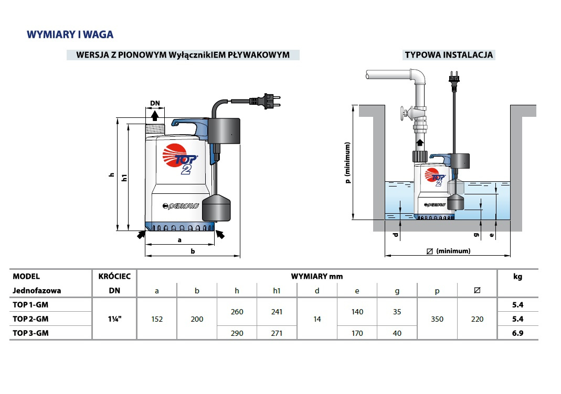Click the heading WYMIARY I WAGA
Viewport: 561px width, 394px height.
point(70,35)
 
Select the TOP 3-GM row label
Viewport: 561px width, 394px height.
point(33,333)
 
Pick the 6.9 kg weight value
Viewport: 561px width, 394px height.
point(517,333)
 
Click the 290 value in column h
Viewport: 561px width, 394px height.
point(237,333)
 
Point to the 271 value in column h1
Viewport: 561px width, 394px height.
point(277,333)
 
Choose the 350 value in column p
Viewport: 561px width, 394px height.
point(437,319)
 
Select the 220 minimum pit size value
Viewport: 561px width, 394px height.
point(477,319)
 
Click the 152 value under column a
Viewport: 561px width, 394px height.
point(157,319)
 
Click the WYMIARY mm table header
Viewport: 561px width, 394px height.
point(317,276)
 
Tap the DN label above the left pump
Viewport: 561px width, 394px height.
point(155,103)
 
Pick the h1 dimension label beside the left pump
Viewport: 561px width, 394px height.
point(124,177)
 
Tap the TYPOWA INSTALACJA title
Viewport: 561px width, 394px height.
point(449,55)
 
